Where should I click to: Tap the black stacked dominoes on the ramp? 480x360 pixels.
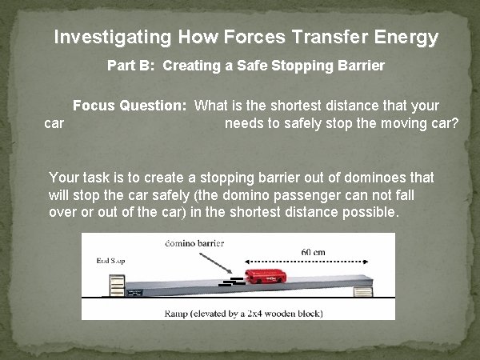click(x=231, y=281)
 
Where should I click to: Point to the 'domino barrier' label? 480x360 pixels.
click(x=196, y=242)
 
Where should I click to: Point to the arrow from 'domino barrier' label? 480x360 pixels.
click(x=214, y=261)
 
